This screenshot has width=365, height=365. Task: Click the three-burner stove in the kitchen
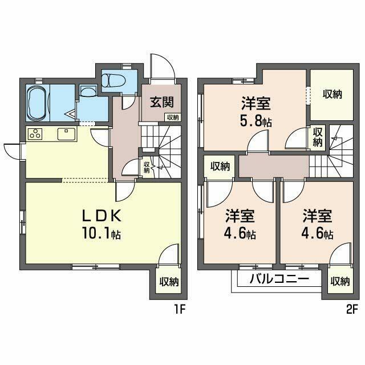pos(35,135)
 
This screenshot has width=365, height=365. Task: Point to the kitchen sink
pos(63,135)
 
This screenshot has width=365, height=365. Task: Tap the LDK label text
pos(103,216)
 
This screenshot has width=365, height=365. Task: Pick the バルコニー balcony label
pos(279,280)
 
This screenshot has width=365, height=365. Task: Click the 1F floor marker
pos(180,310)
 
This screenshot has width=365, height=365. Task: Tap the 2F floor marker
pos(350,310)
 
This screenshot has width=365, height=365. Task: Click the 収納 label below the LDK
pos(169,281)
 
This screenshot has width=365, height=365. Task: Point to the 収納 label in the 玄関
pos(172,117)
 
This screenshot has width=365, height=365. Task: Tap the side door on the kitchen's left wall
pos(12,151)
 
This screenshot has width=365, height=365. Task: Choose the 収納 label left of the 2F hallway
pos(220,167)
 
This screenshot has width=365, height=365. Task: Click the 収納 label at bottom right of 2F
pos(340,281)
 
